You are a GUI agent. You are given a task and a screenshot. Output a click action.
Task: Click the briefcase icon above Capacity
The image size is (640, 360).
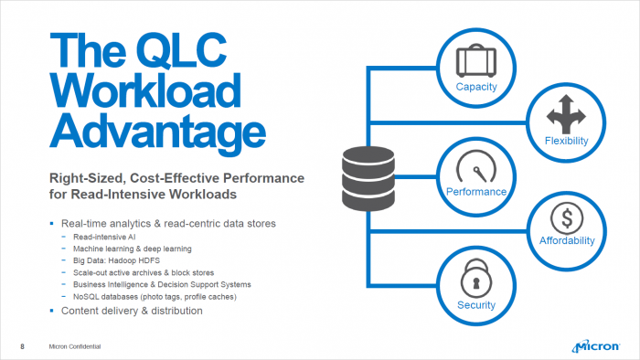point(475,62)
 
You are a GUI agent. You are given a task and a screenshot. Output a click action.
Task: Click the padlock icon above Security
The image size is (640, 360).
point(475,277)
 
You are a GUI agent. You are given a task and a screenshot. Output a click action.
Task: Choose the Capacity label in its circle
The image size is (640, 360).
point(475,86)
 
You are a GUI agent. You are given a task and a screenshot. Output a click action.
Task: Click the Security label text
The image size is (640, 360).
point(475,304)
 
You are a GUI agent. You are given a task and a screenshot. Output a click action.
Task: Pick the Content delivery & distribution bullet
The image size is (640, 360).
point(131,311)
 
